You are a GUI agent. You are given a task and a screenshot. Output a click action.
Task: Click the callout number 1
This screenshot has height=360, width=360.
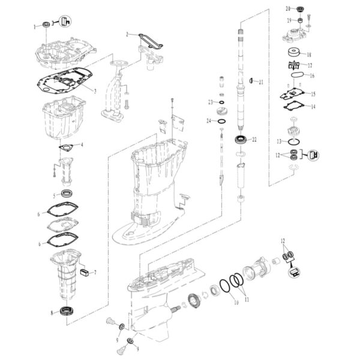coord(35,26)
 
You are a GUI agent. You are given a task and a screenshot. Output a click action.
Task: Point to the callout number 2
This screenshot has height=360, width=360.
coord(127,35)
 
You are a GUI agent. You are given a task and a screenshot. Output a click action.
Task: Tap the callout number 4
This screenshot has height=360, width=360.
coord(82,145)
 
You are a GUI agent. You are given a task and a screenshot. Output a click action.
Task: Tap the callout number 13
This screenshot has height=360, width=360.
coord(278,141)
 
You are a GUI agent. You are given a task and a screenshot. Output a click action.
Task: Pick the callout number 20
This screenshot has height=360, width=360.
coord(287,8)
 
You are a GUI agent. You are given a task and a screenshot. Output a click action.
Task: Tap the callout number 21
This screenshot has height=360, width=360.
coord(261,82)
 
